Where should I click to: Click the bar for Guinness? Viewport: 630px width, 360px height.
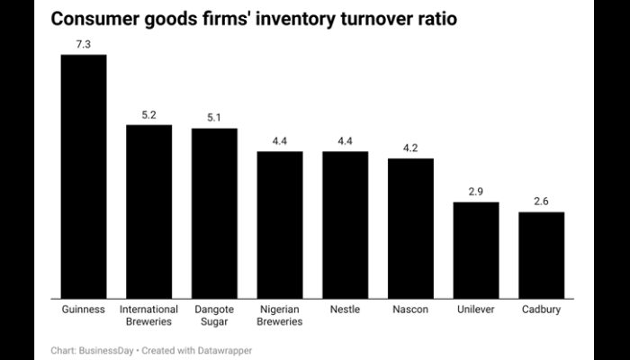tap(84, 175)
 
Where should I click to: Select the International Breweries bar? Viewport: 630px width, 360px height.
tap(148, 211)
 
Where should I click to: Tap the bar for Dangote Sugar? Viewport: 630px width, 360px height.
tap(214, 212)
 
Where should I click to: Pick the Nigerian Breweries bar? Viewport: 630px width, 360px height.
tap(280, 224)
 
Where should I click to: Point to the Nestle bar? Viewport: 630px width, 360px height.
tap(345, 224)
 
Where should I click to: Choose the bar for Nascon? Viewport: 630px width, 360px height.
tap(410, 228)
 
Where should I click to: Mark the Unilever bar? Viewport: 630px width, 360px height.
tap(476, 249)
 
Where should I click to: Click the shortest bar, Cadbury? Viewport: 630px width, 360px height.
tap(541, 255)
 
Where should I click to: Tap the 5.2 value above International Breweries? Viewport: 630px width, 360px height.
tap(148, 114)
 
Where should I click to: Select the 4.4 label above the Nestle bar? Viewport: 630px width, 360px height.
tap(345, 141)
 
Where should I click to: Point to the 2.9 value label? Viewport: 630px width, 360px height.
tap(476, 192)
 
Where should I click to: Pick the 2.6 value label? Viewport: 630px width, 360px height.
tap(541, 202)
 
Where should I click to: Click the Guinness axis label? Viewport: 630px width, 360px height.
tap(84, 310)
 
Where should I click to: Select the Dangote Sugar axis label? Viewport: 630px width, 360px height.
tap(214, 315)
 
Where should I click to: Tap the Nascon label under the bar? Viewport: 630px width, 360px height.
tap(410, 310)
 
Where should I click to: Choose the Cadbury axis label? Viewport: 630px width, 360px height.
tap(541, 310)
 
